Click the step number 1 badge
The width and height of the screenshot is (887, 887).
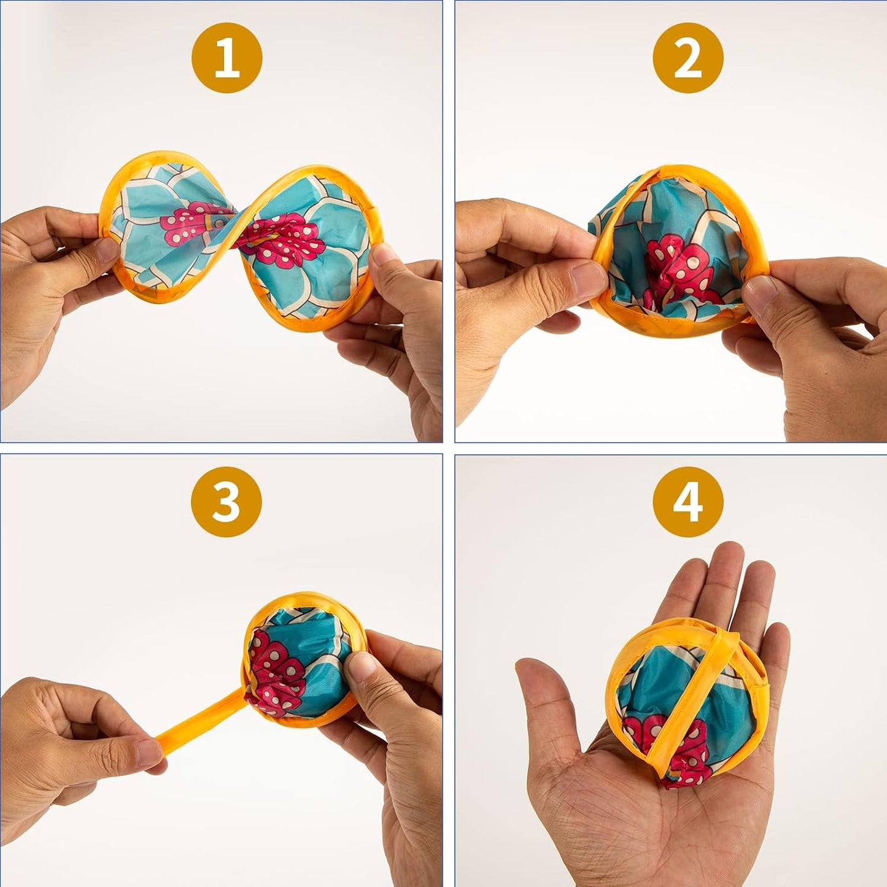coord(227,59)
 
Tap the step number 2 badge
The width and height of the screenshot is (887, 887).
coord(688,59)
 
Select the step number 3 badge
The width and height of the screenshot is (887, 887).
coord(227,502)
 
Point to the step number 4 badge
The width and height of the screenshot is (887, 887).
coord(688,502)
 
